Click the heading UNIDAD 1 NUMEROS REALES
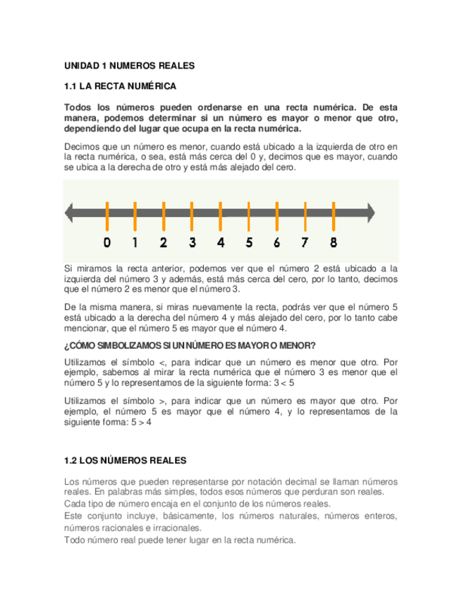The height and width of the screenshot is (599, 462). (x=128, y=66)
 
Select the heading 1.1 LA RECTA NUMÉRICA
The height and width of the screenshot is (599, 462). (x=120, y=87)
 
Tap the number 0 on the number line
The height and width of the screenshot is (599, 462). (x=107, y=242)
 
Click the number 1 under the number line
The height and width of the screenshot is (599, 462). (x=135, y=242)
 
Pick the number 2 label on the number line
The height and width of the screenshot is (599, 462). (x=163, y=242)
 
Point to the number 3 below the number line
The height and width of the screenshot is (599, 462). (x=192, y=242)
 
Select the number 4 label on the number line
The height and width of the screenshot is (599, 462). (x=220, y=242)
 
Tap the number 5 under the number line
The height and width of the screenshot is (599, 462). (x=248, y=242)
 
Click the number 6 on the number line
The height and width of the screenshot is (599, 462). (x=276, y=242)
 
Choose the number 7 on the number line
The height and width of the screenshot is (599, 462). (x=305, y=242)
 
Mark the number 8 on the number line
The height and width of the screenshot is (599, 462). (x=333, y=242)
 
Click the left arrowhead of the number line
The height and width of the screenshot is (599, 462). (x=69, y=211)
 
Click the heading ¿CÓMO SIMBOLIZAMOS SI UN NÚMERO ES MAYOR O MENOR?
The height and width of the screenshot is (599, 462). (x=190, y=345)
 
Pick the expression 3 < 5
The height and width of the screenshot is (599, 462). (x=284, y=383)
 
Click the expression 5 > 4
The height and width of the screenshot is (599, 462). (x=141, y=422)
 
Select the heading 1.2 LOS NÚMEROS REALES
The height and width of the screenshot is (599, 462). (x=125, y=461)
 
